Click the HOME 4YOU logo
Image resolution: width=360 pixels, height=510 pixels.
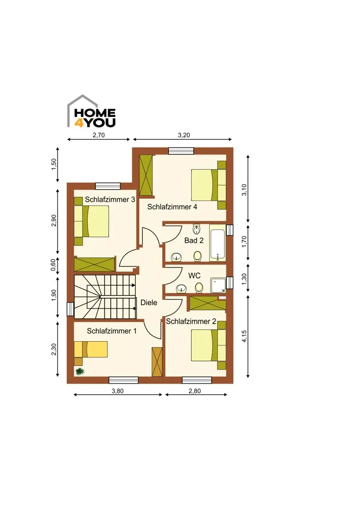(91, 111)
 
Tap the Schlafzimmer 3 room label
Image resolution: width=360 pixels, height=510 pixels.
(110, 199)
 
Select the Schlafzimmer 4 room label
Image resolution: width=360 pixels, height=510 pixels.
(172, 207)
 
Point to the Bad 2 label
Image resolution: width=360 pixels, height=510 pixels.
(194, 240)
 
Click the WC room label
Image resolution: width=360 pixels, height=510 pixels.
(194, 275)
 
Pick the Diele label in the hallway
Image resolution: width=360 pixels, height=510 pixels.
(149, 302)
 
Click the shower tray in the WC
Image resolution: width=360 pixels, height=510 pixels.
(219, 285)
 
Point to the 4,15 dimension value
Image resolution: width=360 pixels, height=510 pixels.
(245, 336)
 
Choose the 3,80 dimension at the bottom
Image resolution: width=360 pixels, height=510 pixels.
(118, 391)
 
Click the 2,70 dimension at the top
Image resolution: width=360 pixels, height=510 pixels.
(98, 135)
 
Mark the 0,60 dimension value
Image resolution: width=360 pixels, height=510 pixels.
(54, 265)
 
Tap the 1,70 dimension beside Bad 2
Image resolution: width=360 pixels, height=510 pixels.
(245, 242)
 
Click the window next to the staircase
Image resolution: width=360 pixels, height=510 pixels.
(70, 309)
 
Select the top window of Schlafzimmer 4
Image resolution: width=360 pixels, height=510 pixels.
(181, 150)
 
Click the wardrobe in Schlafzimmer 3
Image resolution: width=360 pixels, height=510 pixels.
(95, 264)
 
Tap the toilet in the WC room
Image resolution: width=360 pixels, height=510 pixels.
(199, 287)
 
